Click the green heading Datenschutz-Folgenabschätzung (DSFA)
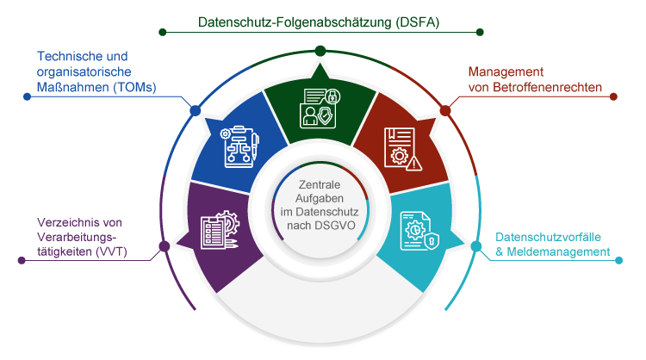(319, 22)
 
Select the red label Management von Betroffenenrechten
(534, 79)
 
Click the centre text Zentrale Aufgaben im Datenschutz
(319, 206)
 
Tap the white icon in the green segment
(319, 108)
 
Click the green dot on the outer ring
(320, 50)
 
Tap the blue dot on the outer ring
(195, 110)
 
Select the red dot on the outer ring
(445, 110)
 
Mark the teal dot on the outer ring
(476, 246)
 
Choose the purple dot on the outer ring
(163, 248)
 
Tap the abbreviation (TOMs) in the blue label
(134, 86)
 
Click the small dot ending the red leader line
(613, 96)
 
